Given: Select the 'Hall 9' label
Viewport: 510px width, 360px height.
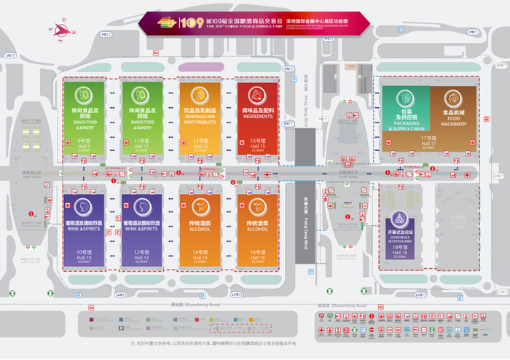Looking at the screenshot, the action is tap(84, 142).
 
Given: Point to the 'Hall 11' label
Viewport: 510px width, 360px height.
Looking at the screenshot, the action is tap(141, 142).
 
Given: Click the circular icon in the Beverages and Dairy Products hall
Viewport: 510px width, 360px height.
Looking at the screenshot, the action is tap(200, 95).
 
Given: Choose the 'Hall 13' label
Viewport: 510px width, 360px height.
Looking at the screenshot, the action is tap(200, 142).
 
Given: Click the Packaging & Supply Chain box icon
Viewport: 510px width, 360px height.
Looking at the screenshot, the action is tap(405, 96).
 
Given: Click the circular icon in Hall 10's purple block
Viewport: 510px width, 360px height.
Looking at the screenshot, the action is tap(84, 206).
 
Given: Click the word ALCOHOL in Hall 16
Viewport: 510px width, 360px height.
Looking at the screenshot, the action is tap(257, 228).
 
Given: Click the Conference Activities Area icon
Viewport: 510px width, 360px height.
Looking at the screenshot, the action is tap(399, 218).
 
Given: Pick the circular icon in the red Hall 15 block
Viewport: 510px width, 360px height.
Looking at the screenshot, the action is tap(257, 95).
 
